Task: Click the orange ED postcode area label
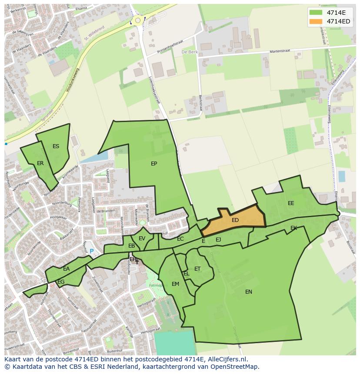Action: [235, 220]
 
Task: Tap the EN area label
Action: [249, 292]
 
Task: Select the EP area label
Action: [154, 164]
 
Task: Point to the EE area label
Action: [291, 203]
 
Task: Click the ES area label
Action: [56, 146]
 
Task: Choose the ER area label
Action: [40, 163]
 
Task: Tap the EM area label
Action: [175, 284]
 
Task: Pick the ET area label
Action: [197, 269]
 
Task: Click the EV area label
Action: [142, 238]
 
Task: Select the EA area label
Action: [66, 269]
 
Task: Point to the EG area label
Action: [61, 282]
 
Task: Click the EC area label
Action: [180, 239]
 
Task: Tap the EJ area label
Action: [218, 239]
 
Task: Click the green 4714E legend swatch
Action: [316, 13]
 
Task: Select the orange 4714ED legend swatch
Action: [316, 21]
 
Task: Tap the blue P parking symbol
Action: [91, 251]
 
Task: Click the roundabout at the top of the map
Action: [138, 20]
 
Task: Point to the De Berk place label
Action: [189, 52]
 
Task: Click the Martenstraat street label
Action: [280, 51]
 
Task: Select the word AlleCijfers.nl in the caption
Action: [227, 359]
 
